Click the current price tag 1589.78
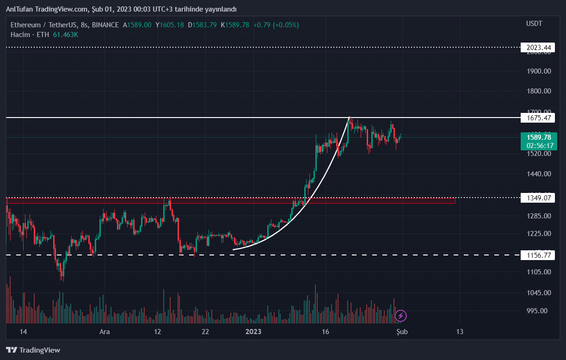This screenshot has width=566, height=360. (539, 137)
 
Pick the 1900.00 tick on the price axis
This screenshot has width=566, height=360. (539, 71)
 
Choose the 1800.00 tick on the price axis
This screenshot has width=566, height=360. (539, 91)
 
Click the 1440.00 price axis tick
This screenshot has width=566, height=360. (539, 174)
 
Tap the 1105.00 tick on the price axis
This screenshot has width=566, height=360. (539, 272)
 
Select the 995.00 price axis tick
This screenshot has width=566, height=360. (539, 311)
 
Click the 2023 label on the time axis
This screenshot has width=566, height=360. (253, 332)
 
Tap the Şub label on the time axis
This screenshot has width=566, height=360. (402, 332)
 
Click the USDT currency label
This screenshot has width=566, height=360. (534, 24)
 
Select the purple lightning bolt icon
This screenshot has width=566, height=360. (401, 316)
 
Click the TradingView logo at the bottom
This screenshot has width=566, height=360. (33, 350)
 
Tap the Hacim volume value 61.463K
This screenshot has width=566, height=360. (65, 35)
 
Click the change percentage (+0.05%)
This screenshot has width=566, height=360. (287, 25)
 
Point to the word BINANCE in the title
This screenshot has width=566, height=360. (105, 25)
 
